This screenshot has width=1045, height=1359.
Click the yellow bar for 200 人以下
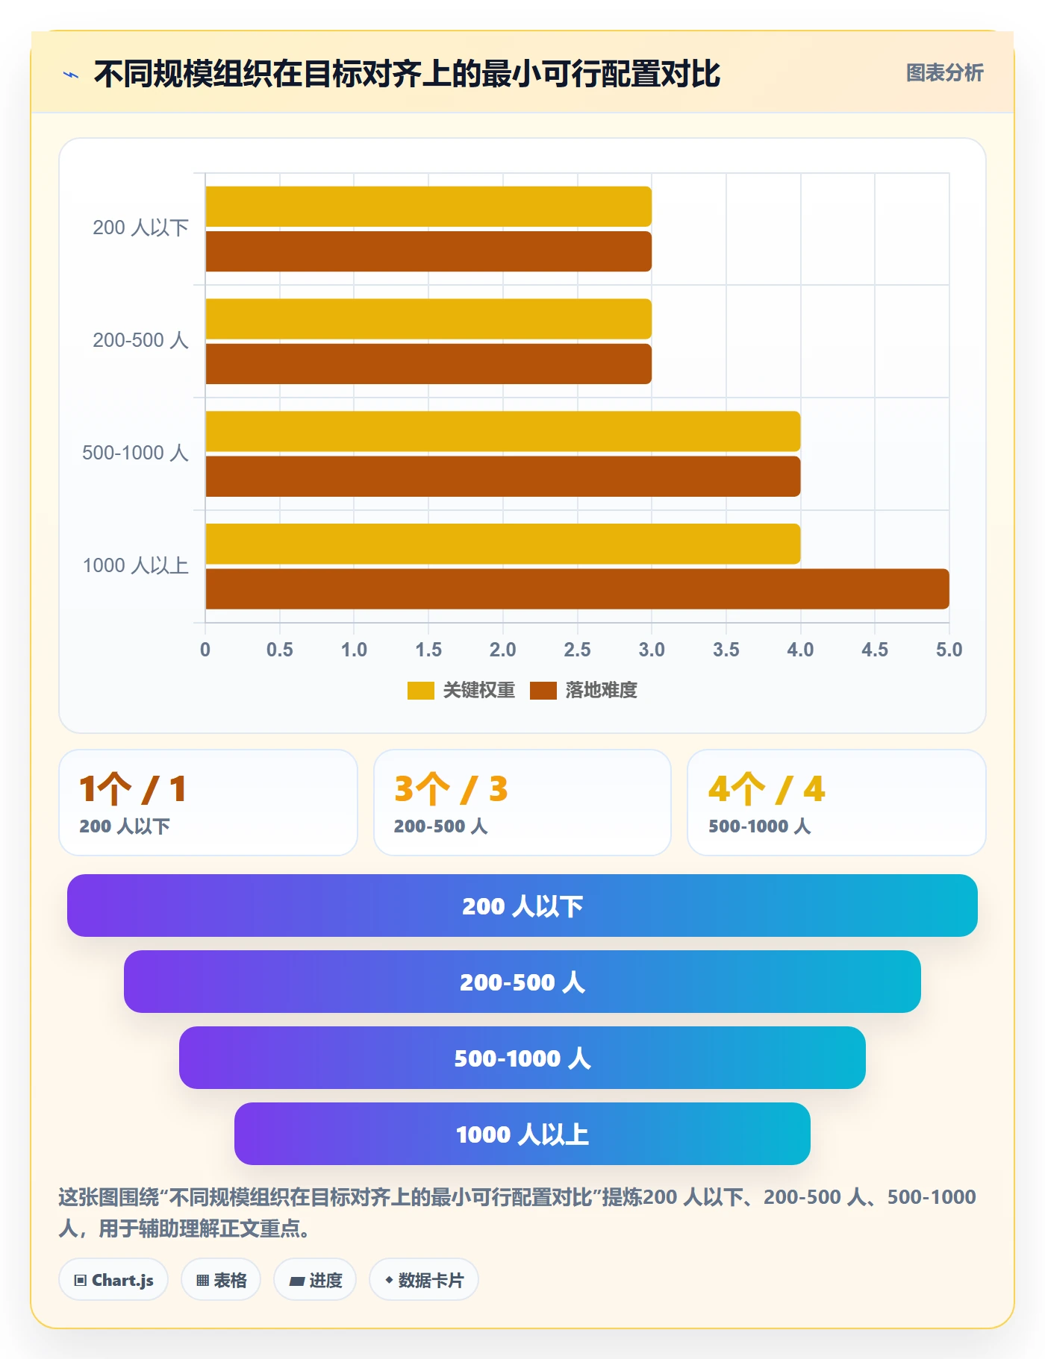(428, 207)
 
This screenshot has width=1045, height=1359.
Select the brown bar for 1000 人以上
(577, 589)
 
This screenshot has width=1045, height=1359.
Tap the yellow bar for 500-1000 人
(503, 431)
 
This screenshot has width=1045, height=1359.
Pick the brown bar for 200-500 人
(428, 364)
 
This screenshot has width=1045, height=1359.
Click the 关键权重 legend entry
(461, 690)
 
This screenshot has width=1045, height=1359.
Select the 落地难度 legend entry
(584, 690)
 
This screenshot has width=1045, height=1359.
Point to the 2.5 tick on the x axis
(577, 650)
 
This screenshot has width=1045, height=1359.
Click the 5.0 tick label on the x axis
(949, 650)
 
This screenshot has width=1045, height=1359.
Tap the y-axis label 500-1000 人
(135, 453)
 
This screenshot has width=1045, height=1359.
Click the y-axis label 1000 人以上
(135, 565)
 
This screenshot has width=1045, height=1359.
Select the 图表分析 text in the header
(945, 73)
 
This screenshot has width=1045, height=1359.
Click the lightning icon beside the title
(71, 75)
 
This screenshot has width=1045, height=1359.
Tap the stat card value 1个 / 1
(133, 789)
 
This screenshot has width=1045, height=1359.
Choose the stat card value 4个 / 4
(767, 789)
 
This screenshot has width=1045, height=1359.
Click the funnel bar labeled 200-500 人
(522, 982)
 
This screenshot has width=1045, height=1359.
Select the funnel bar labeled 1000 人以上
(522, 1134)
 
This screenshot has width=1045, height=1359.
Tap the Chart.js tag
(113, 1280)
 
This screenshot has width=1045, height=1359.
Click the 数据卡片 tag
(424, 1280)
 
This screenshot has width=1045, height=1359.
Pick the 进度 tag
(315, 1280)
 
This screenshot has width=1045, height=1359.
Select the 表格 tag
(221, 1280)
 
